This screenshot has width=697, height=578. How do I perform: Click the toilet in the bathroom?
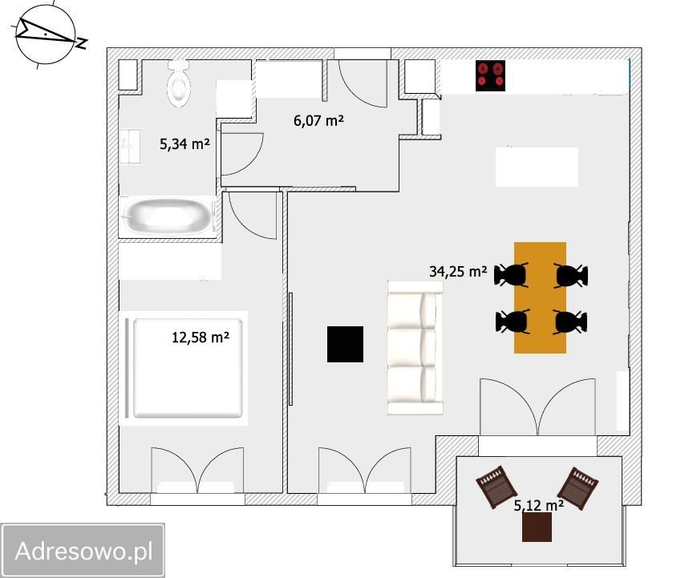(179, 84)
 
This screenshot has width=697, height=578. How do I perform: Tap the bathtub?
(168, 217)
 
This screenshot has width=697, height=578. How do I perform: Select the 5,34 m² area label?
(184, 144)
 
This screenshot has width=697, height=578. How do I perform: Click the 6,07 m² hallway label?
(318, 120)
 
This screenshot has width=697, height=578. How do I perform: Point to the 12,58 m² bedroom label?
(201, 338)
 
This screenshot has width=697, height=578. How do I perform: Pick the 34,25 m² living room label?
(458, 271)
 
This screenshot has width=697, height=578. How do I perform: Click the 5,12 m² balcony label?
(539, 505)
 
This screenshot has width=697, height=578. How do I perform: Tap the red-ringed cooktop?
(490, 75)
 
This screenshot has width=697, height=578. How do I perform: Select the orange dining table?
(540, 297)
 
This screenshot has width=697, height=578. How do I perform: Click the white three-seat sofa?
(415, 347)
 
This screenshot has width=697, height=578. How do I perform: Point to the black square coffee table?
(346, 344)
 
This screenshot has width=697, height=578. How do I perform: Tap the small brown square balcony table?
(537, 527)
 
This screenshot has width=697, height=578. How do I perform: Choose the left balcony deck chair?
(496, 487)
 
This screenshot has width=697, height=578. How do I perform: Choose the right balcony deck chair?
(577, 488)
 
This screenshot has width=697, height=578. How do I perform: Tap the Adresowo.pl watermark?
(83, 551)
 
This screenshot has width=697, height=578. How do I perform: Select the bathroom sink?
(131, 146)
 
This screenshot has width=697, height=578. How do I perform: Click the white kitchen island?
(537, 167)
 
